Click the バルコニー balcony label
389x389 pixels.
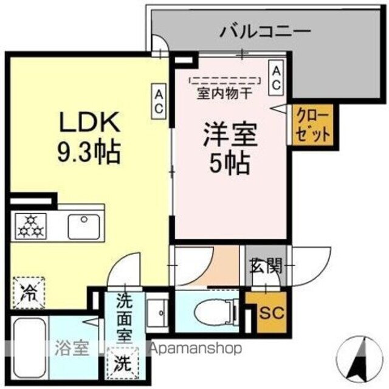click(x=266, y=30)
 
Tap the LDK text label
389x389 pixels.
click(x=89, y=123)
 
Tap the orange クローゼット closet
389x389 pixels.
click(x=312, y=125)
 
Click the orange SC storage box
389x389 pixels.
click(x=267, y=314)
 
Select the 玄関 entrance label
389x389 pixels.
click(x=265, y=265)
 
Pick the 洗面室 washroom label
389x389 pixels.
click(x=125, y=317)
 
